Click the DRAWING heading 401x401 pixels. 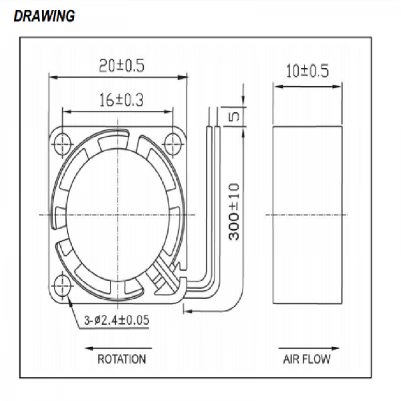[44, 16]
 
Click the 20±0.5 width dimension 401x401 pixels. [122, 65]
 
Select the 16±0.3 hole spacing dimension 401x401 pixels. [121, 100]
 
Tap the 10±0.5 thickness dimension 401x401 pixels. [307, 71]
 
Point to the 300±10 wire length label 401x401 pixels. [234, 212]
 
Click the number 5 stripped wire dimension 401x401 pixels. [235, 116]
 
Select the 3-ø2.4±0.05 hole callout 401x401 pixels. [116, 320]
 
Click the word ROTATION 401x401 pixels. [122, 359]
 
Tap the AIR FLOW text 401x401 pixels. [307, 359]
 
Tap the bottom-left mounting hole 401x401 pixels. [62, 285]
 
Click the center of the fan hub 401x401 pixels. [118, 215]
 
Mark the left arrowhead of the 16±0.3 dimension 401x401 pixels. [67, 112]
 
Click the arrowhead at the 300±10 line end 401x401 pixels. [188, 311]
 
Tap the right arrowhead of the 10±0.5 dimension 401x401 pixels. [337, 87]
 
